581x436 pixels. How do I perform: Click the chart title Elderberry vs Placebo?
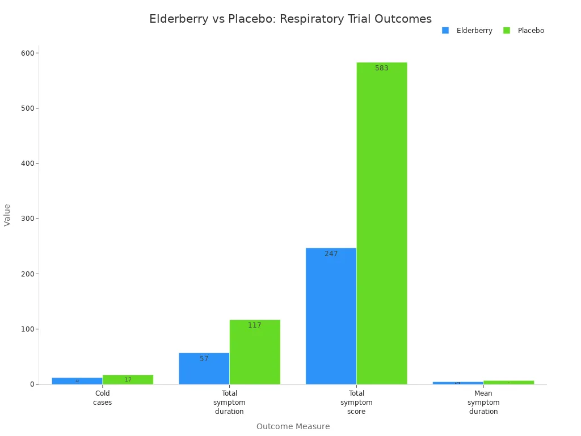290,19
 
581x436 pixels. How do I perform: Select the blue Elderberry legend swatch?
445,31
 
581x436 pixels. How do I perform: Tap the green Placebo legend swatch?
507,31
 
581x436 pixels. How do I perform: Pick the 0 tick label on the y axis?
32,384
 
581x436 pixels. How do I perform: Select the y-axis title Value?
7,215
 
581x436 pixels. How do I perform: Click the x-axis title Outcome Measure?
293,426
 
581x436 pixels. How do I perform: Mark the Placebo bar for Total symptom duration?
255,352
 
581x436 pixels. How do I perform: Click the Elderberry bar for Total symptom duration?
204,368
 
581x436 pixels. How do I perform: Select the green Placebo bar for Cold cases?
128,380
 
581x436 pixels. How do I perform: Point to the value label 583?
382,68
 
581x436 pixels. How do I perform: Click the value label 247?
331,254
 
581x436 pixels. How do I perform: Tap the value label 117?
255,325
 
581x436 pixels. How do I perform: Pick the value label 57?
204,359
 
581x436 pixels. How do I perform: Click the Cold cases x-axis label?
103,397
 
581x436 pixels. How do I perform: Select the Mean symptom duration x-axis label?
483,402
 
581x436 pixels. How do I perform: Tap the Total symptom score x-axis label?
356,402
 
